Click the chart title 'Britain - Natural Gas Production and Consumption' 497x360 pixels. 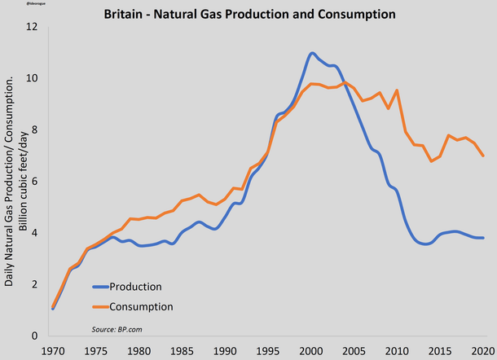[249, 14]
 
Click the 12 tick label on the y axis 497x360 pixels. [32, 27]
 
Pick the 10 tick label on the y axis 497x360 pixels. [32, 78]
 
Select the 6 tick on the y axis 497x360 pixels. [34, 182]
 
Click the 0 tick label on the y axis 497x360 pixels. [34, 336]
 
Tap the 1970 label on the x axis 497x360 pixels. [52, 350]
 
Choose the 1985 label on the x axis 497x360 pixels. [182, 350]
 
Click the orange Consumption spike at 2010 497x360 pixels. [397, 90]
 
